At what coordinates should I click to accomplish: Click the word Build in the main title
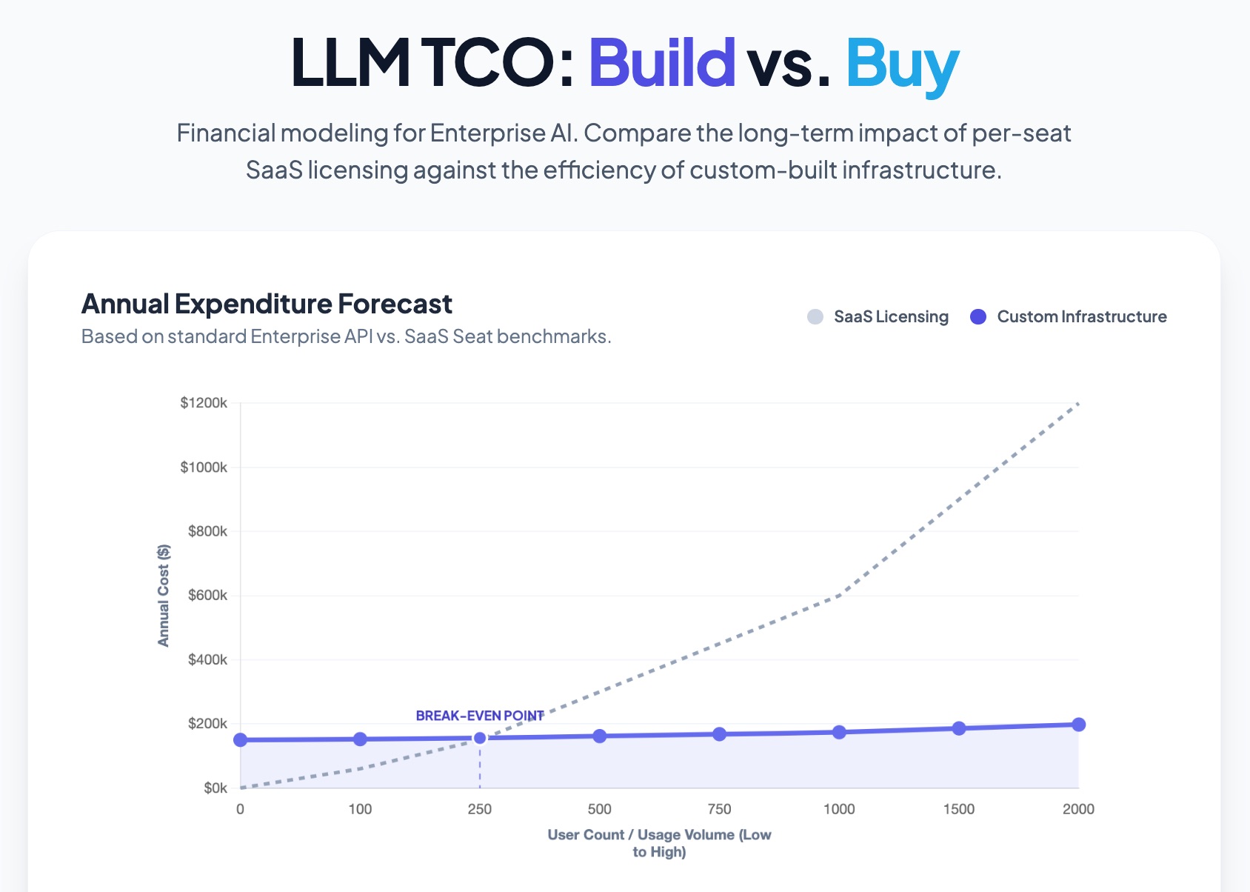tap(661, 62)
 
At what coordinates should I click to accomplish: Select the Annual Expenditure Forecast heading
tap(267, 304)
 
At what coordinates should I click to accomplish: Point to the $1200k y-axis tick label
tap(204, 403)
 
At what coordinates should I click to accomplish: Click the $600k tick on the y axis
tap(207, 596)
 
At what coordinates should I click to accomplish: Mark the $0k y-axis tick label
tap(215, 788)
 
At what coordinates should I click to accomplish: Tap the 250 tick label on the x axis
tap(480, 809)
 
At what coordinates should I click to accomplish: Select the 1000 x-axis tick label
tap(839, 809)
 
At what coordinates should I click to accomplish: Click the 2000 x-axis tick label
tap(1078, 809)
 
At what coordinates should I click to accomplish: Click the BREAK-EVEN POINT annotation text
tap(480, 716)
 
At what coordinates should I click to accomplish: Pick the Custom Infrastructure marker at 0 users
tap(241, 740)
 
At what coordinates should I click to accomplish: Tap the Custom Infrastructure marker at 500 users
tap(600, 736)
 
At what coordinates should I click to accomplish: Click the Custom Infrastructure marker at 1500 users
tap(959, 728)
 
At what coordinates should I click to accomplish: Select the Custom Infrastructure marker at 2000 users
tap(1078, 725)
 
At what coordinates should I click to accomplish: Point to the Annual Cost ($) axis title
tap(164, 596)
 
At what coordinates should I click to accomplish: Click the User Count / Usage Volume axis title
tap(659, 843)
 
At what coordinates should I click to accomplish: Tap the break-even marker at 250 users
tap(480, 738)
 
